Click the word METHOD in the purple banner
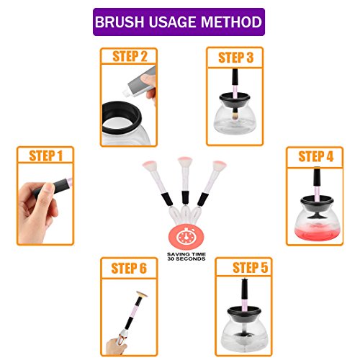click(231, 22)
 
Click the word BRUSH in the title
click(119, 22)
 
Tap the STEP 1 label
click(45, 156)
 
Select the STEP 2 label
click(130, 57)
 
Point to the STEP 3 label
click(235, 58)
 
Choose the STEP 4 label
click(316, 156)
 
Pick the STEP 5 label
click(250, 267)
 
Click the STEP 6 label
click(129, 269)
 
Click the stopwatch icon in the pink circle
click(186, 237)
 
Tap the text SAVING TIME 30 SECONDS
click(186, 256)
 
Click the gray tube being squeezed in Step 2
click(140, 82)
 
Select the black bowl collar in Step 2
click(122, 117)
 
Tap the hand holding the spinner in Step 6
click(117, 345)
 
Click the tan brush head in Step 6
click(141, 294)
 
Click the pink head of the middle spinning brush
click(185, 161)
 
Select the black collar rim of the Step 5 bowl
click(244, 311)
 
